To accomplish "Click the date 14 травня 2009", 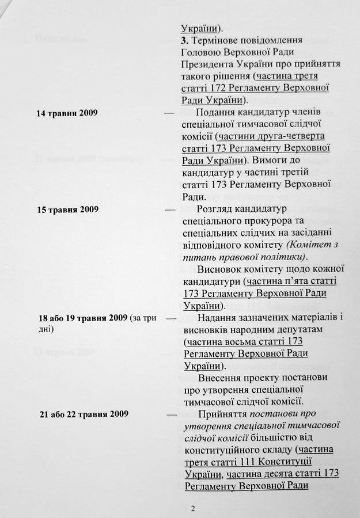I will pyautogui.click(x=66, y=112).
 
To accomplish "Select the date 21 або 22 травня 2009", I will pyautogui.click(x=84, y=414).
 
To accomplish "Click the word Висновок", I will pyautogui.click(x=219, y=269).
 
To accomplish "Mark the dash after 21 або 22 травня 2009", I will pyautogui.click(x=172, y=415).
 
